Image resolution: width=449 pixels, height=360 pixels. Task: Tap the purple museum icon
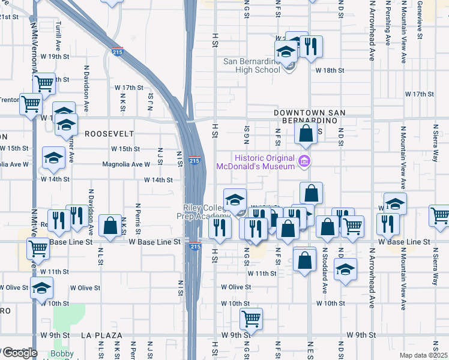click(304, 160)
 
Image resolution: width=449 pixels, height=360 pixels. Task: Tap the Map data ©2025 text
click(424, 355)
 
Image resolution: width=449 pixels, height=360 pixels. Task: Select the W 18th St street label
click(330, 70)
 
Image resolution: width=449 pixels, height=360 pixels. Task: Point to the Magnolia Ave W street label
click(126, 164)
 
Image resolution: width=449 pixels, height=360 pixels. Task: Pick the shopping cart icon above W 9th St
click(251, 319)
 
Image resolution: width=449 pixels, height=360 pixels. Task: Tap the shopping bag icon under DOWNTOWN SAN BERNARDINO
click(306, 134)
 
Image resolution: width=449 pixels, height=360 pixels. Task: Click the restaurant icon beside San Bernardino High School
click(311, 47)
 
